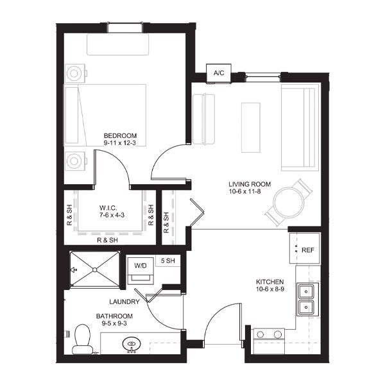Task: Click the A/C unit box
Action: point(219,73)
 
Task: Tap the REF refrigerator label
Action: point(307,250)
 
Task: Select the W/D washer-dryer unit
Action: point(141,270)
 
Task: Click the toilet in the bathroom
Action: point(82,339)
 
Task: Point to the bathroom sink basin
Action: point(132,344)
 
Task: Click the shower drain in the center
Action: point(95,270)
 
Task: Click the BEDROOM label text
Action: point(120,136)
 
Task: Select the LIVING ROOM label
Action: point(250,184)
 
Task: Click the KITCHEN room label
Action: point(270,282)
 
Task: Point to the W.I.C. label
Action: point(108,208)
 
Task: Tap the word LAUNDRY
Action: point(124,302)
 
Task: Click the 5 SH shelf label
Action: point(168,261)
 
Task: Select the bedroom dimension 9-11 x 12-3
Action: point(120,143)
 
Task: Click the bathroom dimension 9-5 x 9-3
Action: point(114,323)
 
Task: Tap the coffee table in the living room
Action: point(251,128)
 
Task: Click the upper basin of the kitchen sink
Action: point(305,291)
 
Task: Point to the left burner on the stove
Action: point(260,334)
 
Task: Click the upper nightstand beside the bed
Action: point(75,73)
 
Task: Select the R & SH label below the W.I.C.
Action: point(107,240)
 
